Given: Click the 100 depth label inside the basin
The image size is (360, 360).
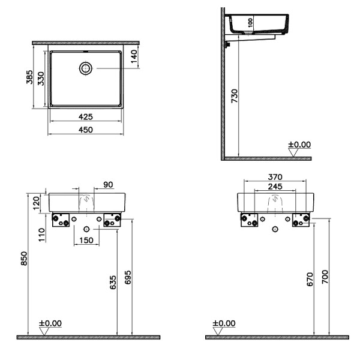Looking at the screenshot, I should click(x=250, y=22).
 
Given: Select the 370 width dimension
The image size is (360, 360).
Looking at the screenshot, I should click(x=274, y=178).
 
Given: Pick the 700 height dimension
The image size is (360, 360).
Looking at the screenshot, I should click(x=326, y=276).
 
